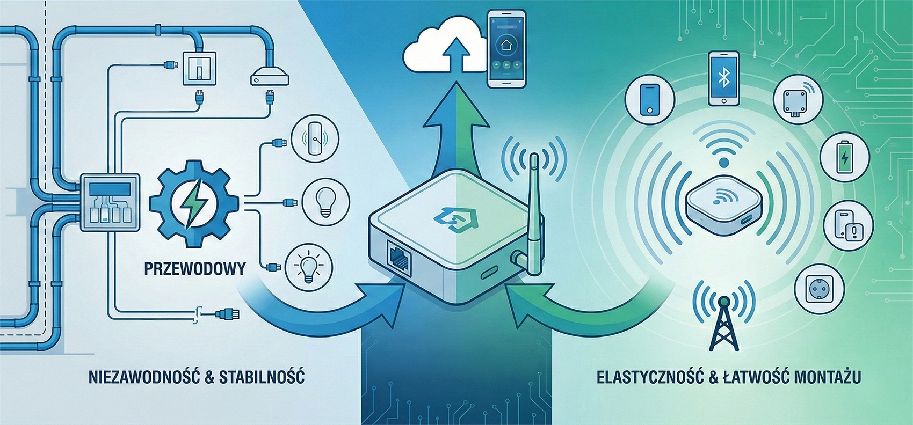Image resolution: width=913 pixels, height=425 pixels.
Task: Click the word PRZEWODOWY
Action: [x=195, y=268]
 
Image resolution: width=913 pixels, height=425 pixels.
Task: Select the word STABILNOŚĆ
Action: [x=262, y=377]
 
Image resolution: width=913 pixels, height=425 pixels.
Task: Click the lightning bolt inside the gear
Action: [x=194, y=202]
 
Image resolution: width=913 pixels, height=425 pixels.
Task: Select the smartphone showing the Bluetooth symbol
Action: [x=723, y=78]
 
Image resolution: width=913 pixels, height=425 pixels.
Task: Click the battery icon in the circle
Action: [x=845, y=157]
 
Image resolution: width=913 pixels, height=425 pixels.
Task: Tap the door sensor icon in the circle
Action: [x=314, y=139]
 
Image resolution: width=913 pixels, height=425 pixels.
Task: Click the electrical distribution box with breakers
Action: [x=109, y=202]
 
